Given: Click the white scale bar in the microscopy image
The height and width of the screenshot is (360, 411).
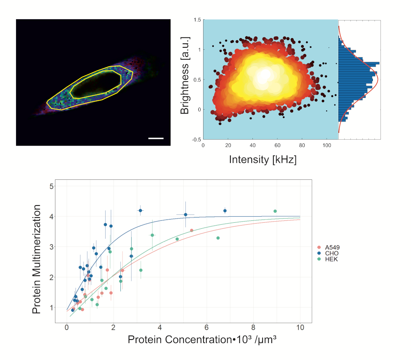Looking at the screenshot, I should pos(156,138).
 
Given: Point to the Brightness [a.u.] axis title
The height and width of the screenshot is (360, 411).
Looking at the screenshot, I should pos(185,75).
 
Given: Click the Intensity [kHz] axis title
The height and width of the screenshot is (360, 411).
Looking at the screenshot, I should pos(263,159).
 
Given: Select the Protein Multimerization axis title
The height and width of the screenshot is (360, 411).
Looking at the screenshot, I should pos(37,259).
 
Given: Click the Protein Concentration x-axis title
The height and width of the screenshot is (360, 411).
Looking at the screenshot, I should pos(203,340).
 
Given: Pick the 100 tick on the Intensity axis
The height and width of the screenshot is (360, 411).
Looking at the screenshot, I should pos(327,146).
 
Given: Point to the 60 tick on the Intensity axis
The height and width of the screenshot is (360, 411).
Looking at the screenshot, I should pos(277,146).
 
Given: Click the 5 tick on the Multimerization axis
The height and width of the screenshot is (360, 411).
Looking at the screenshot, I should pos(51,186).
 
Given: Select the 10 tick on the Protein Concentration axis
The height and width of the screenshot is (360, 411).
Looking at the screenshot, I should pos(300,328).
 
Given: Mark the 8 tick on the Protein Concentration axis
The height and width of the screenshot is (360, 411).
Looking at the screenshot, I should pos(253,328).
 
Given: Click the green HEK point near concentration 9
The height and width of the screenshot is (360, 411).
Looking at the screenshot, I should pos(275,211).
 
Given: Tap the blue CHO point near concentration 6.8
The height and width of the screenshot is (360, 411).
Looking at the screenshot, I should pos(225,211).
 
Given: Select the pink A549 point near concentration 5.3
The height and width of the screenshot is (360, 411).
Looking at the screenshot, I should pos(191,230).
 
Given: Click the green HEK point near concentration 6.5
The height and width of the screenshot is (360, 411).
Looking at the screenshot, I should pos(218,238).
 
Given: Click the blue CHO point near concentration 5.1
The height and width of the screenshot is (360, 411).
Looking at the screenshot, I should pos(185,215).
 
